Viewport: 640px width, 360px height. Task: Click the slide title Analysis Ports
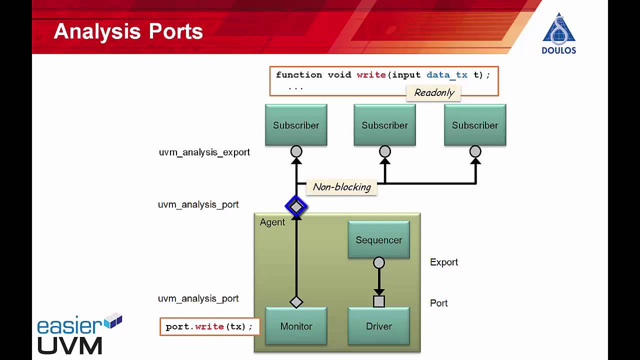pyautogui.click(x=128, y=31)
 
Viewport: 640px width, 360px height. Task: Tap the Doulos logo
pyautogui.click(x=559, y=33)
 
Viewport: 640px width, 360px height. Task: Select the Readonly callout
pyautogui.click(x=433, y=92)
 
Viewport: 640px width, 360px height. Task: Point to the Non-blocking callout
pyautogui.click(x=341, y=187)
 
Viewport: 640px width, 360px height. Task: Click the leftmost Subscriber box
pyautogui.click(x=296, y=125)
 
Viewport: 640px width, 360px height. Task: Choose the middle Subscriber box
pyautogui.click(x=384, y=125)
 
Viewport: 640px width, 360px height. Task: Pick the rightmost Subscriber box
pyautogui.click(x=475, y=125)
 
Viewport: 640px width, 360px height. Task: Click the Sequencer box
pyautogui.click(x=378, y=240)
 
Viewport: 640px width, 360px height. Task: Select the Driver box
pyautogui.click(x=378, y=326)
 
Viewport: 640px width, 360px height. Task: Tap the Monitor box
pyautogui.click(x=296, y=326)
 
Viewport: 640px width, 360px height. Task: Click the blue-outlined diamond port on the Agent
pyautogui.click(x=296, y=206)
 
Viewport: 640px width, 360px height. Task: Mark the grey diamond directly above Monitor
pyautogui.click(x=296, y=302)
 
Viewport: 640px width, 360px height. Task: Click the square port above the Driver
pyautogui.click(x=379, y=301)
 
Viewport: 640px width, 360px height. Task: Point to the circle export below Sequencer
pyautogui.click(x=379, y=262)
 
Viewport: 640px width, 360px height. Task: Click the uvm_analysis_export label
pyautogui.click(x=204, y=152)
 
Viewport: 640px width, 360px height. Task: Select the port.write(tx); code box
pyautogui.click(x=209, y=326)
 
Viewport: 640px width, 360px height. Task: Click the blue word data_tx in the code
pyautogui.click(x=446, y=75)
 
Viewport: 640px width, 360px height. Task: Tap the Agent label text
pyautogui.click(x=272, y=222)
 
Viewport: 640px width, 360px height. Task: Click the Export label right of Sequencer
pyautogui.click(x=444, y=262)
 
